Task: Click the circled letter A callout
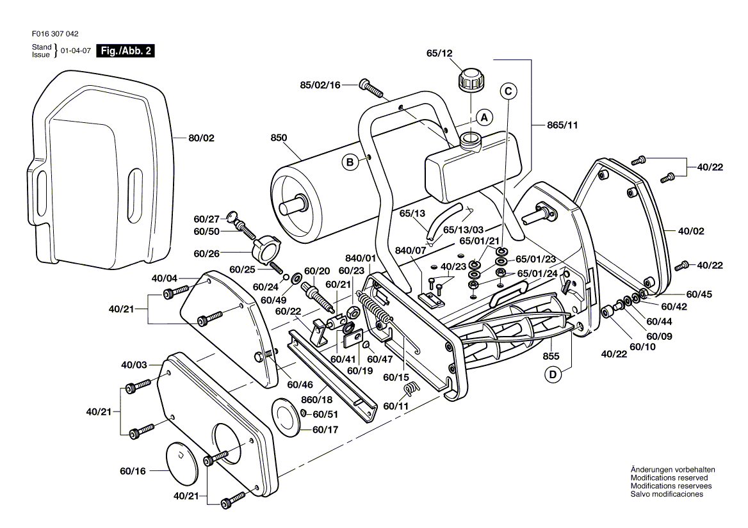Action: point(485,118)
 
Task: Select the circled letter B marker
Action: point(350,163)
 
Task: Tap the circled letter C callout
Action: point(508,92)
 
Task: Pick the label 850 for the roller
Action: point(279,137)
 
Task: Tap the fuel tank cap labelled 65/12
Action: point(471,82)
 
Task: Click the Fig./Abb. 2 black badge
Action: point(125,51)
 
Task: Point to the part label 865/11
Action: point(563,125)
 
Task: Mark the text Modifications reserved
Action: point(669,478)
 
